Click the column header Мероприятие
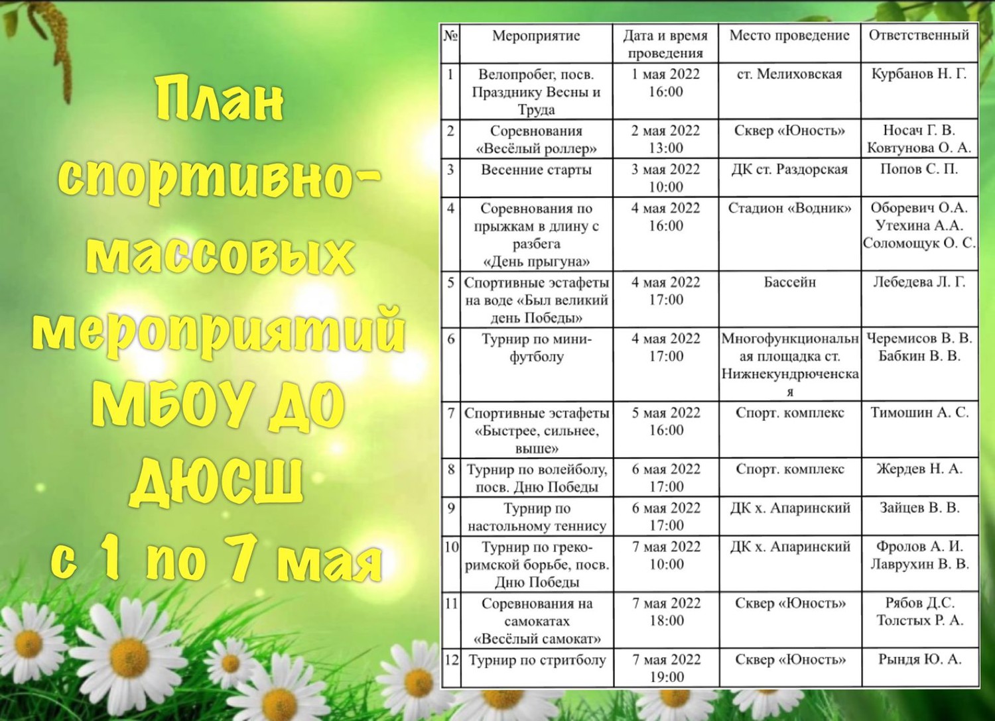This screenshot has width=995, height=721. pyautogui.click(x=536, y=36)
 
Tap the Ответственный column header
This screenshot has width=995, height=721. pyautogui.click(x=919, y=36)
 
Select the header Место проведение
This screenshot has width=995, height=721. pyautogui.click(x=789, y=36)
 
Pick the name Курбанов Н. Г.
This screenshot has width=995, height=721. pyautogui.click(x=919, y=74)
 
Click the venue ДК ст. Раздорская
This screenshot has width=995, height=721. pyautogui.click(x=789, y=170)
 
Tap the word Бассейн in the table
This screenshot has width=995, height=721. pyautogui.click(x=789, y=282)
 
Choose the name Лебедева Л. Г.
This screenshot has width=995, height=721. pyautogui.click(x=919, y=282)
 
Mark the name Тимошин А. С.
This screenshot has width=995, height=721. pyautogui.click(x=919, y=413)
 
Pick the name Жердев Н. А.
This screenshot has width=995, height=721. pyautogui.click(x=919, y=469)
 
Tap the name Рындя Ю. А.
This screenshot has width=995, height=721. pyautogui.click(x=919, y=659)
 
